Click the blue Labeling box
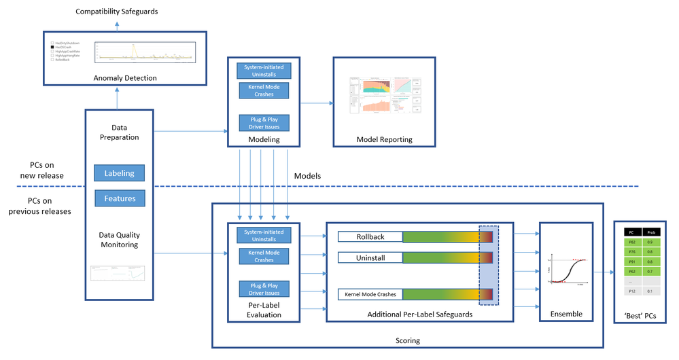pyautogui.click(x=119, y=173)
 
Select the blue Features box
pyautogui.click(x=119, y=198)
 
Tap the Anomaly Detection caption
pyautogui.click(x=125, y=78)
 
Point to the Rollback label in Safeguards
pyautogui.click(x=370, y=236)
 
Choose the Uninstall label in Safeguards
pyautogui.click(x=370, y=258)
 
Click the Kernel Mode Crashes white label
pyautogui.click(x=370, y=294)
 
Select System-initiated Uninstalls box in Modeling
pyautogui.click(x=264, y=70)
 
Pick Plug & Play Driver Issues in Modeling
pyautogui.click(x=264, y=123)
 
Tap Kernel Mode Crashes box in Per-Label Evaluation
pyautogui.click(x=264, y=256)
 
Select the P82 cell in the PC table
pyautogui.click(x=632, y=242)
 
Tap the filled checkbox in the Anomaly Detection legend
pyautogui.click(x=53, y=47)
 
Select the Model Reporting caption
pyautogui.click(x=384, y=140)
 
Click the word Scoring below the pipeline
pyautogui.click(x=408, y=340)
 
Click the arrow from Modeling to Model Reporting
pyautogui.click(x=316, y=103)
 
